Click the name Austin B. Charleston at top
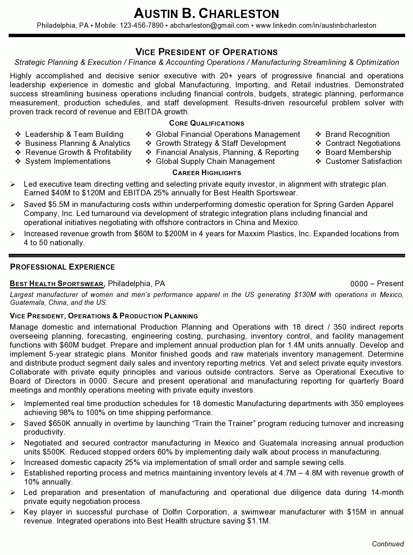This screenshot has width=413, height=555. [206, 14]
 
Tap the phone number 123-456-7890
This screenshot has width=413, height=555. [141, 25]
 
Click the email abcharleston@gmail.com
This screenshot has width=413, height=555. [209, 25]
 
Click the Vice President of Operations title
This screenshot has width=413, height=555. [206, 52]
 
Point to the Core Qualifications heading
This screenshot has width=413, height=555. [207, 123]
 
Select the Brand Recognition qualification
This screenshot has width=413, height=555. [357, 134]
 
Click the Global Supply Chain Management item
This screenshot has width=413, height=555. [215, 161]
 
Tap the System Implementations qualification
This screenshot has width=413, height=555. [68, 161]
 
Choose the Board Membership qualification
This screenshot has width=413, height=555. [358, 152]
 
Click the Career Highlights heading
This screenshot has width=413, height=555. [207, 173]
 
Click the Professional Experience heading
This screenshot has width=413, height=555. [62, 267]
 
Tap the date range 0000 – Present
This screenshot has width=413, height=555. [377, 283]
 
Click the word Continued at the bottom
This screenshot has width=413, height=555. [388, 544]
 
